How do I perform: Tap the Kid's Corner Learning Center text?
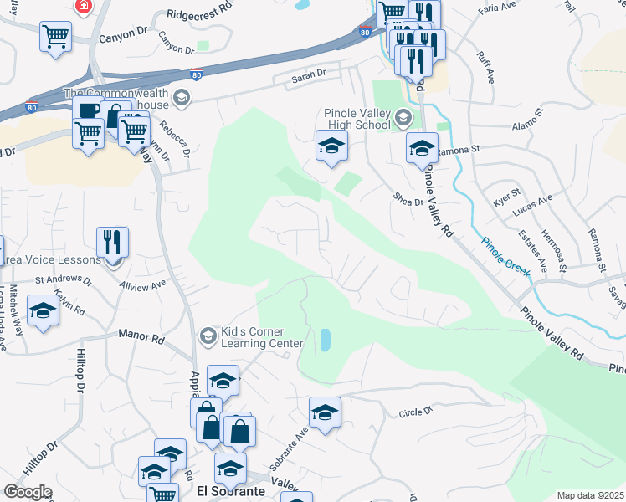pos(262,337)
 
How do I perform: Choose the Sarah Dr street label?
pos(308,76)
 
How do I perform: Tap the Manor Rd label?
pos(141,337)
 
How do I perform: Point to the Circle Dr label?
pos(415,412)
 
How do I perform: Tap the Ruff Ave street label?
pos(485,66)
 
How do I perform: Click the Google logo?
pos(27,492)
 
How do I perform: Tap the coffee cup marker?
pos(88,111)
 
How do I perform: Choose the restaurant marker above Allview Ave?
pos(112,243)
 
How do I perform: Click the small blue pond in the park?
pos(324,340)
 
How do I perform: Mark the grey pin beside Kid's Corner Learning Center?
pos(208,337)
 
